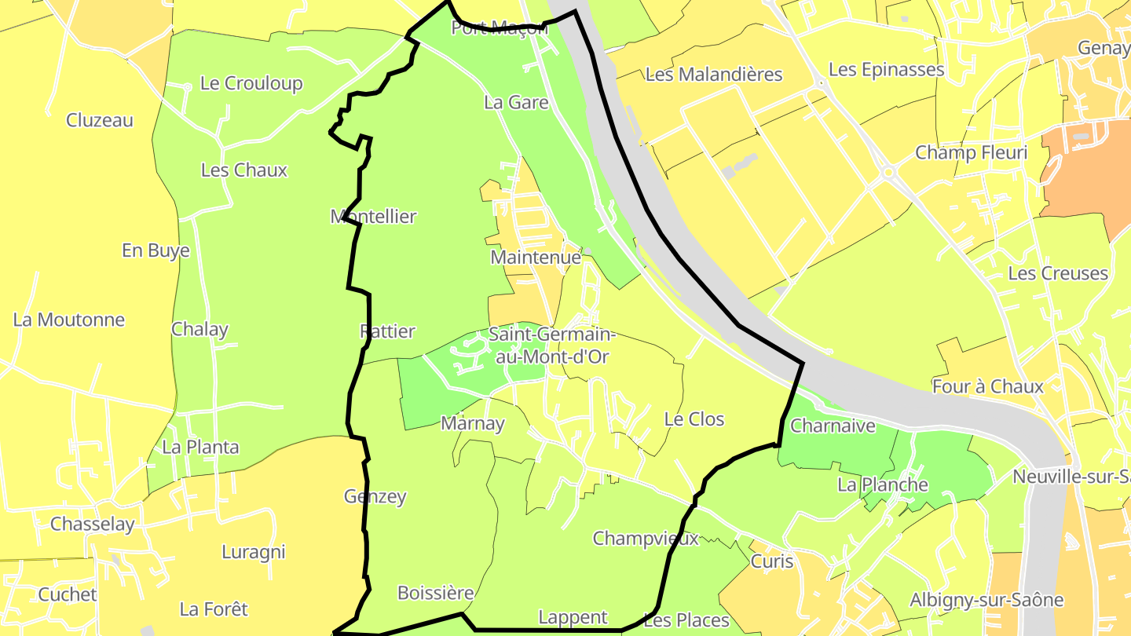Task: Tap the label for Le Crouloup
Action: tap(251, 83)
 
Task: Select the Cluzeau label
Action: tap(100, 120)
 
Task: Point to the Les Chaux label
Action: tap(244, 170)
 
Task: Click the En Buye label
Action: tap(156, 250)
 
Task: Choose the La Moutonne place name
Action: tap(69, 320)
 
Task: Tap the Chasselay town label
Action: tap(93, 524)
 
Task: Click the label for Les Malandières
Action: tap(714, 75)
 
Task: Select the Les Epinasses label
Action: tap(886, 69)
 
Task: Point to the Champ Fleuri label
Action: tap(971, 152)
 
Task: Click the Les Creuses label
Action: tap(1058, 273)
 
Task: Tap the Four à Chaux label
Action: tap(987, 386)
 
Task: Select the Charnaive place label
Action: tap(833, 426)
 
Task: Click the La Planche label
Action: tap(883, 484)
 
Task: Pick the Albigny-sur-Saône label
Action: tap(986, 600)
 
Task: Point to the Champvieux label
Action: tap(646, 538)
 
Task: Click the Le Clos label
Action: tap(694, 419)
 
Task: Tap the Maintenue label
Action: tap(536, 257)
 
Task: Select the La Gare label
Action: tap(516, 102)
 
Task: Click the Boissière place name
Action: tap(436, 592)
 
